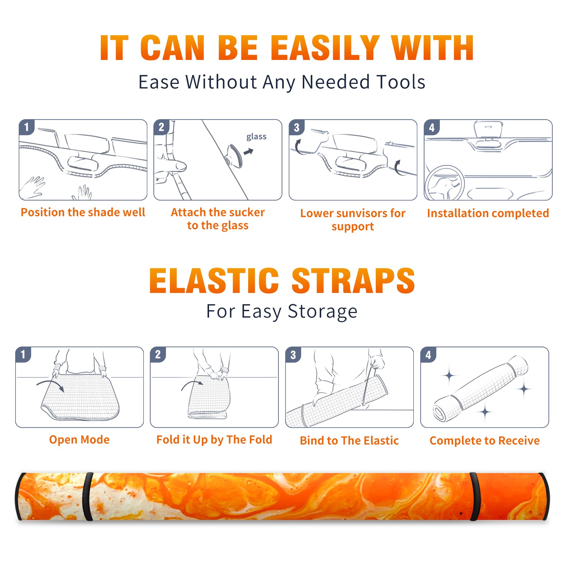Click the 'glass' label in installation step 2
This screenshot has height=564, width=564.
[256, 137]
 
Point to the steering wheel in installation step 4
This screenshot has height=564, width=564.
[444, 183]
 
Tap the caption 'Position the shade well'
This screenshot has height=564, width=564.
[83, 212]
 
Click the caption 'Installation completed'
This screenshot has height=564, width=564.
[488, 213]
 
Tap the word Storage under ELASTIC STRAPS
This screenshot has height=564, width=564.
[323, 312]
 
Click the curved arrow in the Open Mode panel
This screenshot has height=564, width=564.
[50, 385]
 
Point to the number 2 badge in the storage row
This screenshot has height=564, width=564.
[158, 354]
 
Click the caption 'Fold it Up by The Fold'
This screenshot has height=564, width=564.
[214, 440]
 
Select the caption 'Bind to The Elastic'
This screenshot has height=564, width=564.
[349, 441]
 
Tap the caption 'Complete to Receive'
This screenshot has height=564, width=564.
[485, 441]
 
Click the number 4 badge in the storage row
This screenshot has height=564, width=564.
[428, 355]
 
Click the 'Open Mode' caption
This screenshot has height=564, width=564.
[79, 440]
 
